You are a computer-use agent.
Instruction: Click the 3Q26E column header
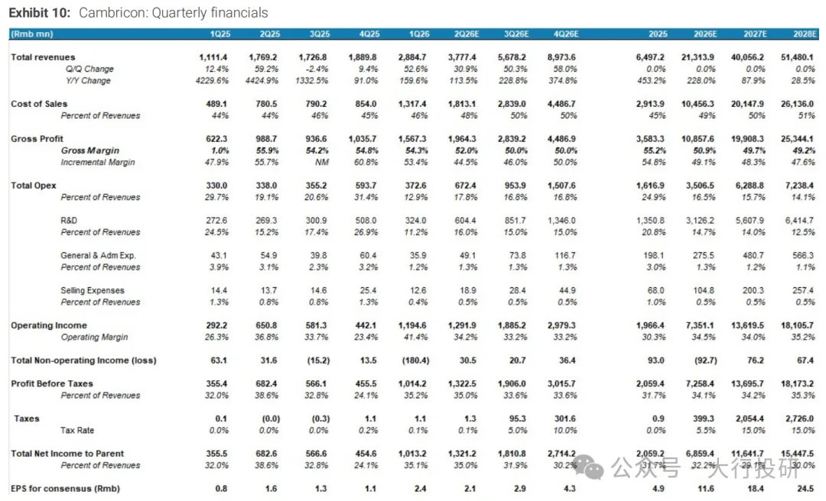coord(516,34)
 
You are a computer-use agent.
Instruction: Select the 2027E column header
coord(755,34)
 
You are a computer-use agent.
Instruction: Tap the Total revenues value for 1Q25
coord(213,57)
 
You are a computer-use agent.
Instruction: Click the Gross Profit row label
coord(37,138)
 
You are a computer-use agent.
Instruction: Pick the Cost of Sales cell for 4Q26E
coord(561,104)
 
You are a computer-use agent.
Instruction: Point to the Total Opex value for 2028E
coord(800,186)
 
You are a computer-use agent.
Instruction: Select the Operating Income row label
coord(49,325)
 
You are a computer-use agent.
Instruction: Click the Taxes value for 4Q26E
coord(564,419)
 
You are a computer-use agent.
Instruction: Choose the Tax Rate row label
coord(77,430)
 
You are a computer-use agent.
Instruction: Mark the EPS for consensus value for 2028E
coord(805,488)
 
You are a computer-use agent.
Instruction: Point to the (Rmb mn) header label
coord(32,34)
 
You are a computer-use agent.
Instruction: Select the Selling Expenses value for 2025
coord(656,290)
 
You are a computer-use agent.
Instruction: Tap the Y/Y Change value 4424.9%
coord(262,80)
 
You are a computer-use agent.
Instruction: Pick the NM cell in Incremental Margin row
coord(322,162)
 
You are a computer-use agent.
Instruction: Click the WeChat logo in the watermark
coord(588,466)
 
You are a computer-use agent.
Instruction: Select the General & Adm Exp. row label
coord(98,255)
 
